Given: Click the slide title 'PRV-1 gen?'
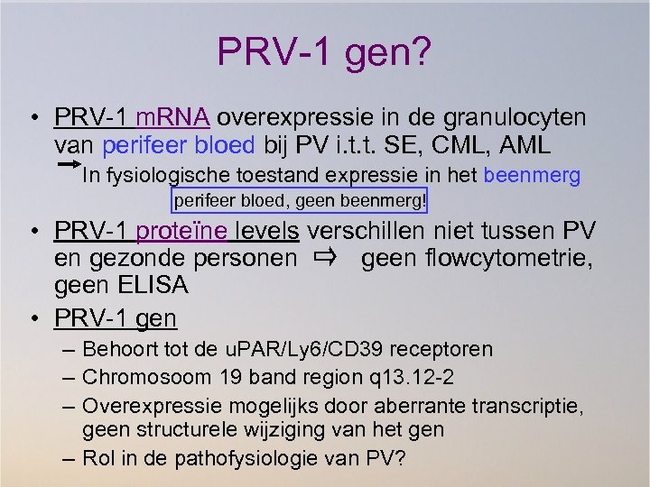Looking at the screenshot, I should pyautogui.click(x=324, y=52).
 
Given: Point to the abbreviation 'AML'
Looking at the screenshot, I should pyautogui.click(x=534, y=145).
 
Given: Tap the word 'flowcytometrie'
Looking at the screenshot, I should pyautogui.click(x=515, y=259).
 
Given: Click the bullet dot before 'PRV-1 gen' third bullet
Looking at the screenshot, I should pyautogui.click(x=32, y=318).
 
